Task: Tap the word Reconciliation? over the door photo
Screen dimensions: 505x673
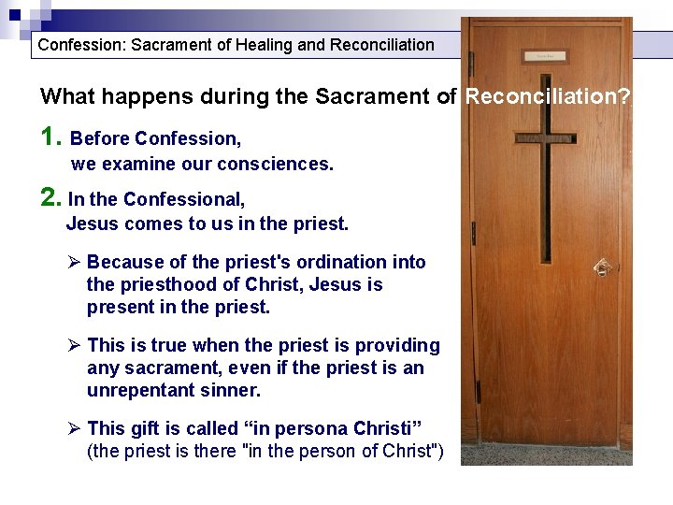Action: point(548,96)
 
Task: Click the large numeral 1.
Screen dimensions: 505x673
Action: point(51,138)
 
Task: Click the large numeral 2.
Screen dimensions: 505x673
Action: point(50,198)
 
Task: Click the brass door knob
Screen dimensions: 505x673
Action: point(603,267)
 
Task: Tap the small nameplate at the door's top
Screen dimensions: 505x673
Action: point(545,56)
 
